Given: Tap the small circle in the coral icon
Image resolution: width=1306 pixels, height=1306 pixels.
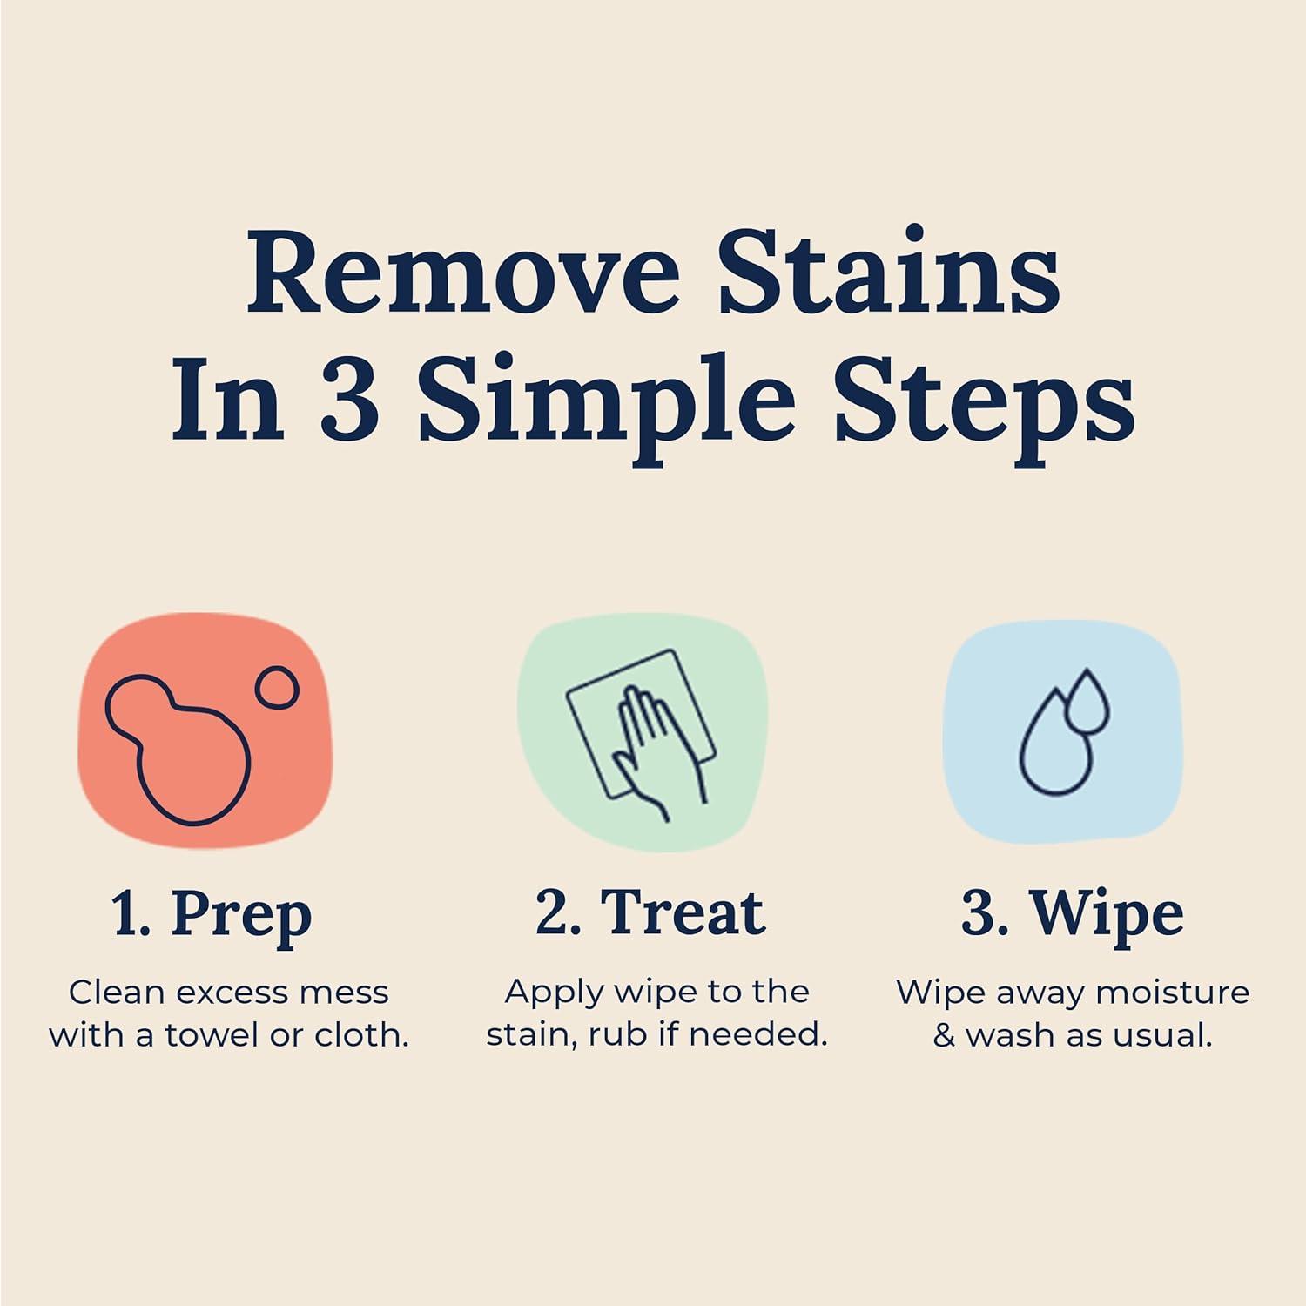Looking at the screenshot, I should coord(277,688).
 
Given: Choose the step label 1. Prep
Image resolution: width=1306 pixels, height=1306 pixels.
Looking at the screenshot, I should coord(212,914).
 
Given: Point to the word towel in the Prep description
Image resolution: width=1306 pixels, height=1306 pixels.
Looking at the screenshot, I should coord(214,1035).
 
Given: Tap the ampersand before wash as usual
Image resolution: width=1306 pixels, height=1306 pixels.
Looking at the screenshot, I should coord(944,1036).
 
